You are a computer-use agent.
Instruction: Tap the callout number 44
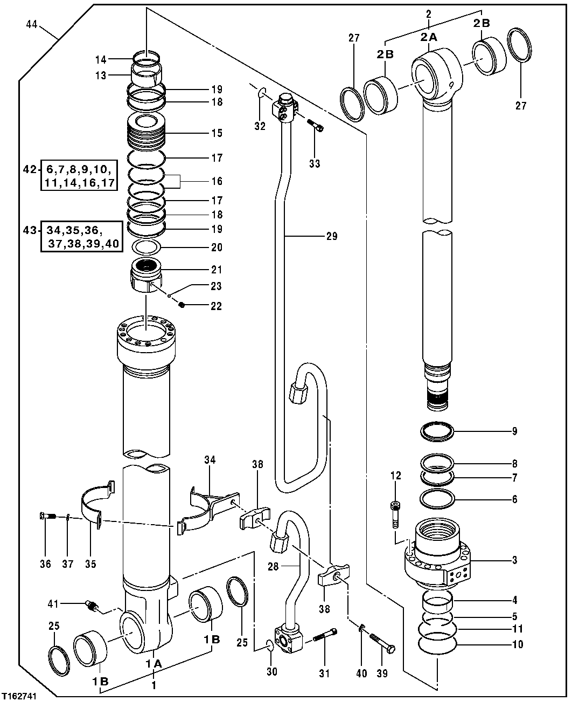(x=32, y=24)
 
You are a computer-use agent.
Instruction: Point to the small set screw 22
(x=182, y=306)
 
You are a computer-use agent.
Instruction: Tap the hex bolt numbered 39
(x=382, y=642)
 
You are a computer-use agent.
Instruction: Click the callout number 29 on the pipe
(x=332, y=236)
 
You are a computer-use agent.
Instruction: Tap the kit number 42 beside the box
(x=29, y=169)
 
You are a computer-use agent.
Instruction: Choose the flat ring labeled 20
(x=147, y=248)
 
